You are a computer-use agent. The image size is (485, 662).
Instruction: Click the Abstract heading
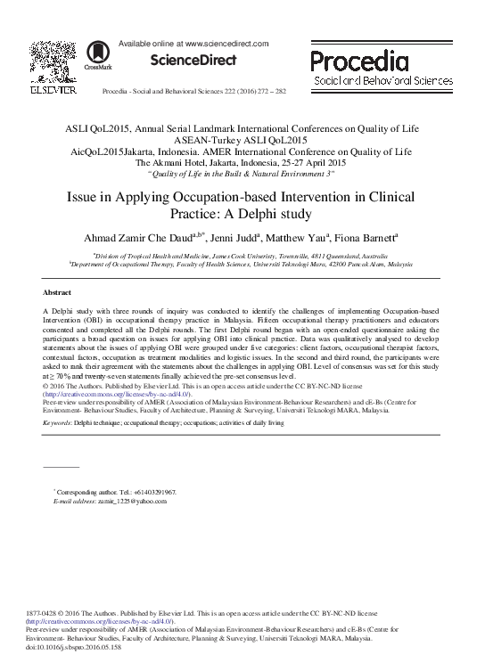(57, 292)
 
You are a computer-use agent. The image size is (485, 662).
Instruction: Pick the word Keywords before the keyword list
(57, 423)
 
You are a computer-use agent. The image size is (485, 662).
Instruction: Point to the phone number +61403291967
(152, 492)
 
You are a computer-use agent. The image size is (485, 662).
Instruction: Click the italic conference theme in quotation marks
(242, 174)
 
